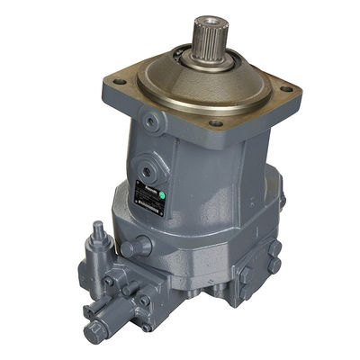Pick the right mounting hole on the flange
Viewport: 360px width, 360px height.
pos(285,89)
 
